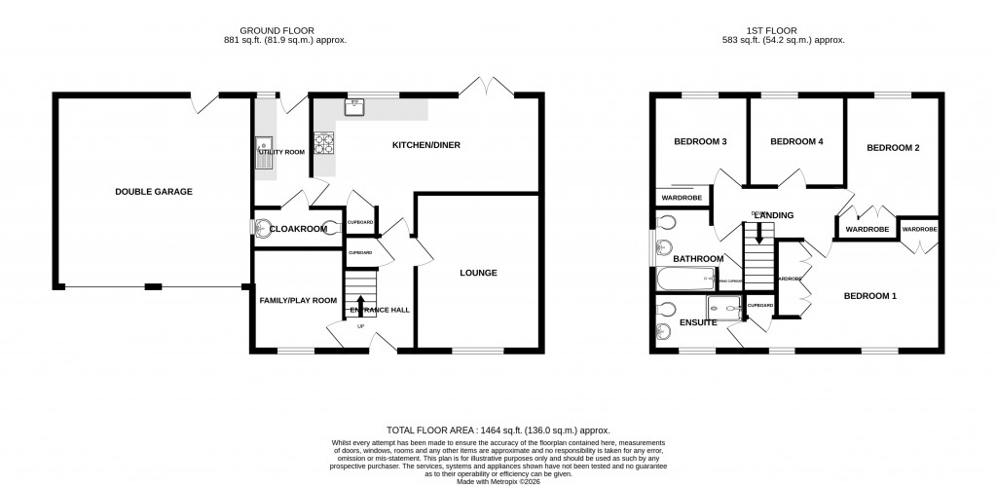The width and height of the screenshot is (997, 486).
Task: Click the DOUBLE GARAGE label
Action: click(154, 192)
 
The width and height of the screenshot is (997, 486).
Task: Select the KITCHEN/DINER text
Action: click(425, 145)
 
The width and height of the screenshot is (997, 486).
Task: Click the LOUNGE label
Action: click(478, 273)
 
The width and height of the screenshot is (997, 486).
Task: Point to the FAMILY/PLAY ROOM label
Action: click(298, 301)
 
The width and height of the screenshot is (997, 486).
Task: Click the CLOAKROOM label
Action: click(296, 229)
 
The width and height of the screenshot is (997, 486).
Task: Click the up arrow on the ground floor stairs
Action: click(360, 304)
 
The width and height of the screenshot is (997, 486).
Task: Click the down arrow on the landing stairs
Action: click(759, 234)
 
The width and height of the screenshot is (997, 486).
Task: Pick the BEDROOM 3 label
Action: click(700, 142)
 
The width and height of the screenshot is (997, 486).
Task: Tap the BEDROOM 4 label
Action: click(796, 142)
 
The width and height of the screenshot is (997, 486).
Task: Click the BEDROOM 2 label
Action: click(893, 148)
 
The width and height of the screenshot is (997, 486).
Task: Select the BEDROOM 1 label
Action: click(869, 296)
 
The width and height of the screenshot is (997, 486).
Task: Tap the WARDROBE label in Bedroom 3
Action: click(682, 198)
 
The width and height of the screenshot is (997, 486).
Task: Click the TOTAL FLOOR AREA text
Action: click(498, 430)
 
